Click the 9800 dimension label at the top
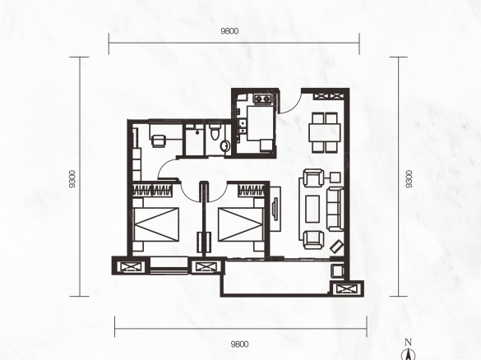coord(229,31)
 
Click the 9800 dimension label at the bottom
coord(240,344)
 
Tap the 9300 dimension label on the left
coord(72,179)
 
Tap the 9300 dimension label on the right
coord(409,179)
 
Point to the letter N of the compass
coord(408,342)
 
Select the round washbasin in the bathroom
coord(224,146)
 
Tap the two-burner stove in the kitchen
coord(262,99)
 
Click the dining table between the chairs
coord(325,132)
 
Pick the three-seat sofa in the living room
coord(335,209)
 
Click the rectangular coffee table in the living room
coord(312,209)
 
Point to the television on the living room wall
coord(275,209)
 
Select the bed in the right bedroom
coord(242,224)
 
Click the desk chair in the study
coord(159,141)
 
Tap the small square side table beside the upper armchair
coord(335,178)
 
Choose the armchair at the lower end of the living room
coord(313,239)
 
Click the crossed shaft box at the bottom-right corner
coord(347,288)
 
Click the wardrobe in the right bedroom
coord(252,190)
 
